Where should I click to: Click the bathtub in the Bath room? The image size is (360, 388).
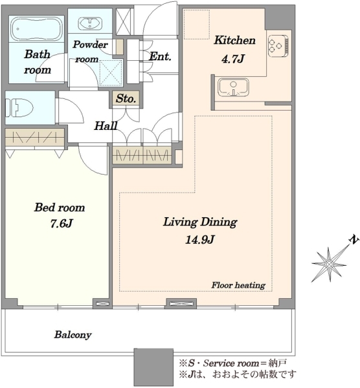point(36,28)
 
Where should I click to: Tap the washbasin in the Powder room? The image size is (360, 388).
point(90,23)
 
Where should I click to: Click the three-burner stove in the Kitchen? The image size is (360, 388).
point(278,46)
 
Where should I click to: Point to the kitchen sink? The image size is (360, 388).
point(233,88)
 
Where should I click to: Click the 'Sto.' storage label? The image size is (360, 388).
point(126,98)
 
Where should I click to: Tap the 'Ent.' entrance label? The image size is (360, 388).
point(160,56)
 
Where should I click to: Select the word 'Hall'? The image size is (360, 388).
point(106,125)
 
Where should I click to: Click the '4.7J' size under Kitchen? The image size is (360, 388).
point(233,59)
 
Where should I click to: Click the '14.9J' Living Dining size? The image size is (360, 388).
point(199,239)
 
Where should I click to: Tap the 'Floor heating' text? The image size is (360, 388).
point(238,285)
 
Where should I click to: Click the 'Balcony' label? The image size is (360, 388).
point(73,334)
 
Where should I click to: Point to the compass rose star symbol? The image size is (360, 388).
point(329,264)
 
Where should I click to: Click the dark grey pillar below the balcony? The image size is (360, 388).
point(153,367)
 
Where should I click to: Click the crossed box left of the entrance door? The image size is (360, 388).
point(124,21)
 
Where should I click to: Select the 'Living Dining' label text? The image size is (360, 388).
point(200,222)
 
